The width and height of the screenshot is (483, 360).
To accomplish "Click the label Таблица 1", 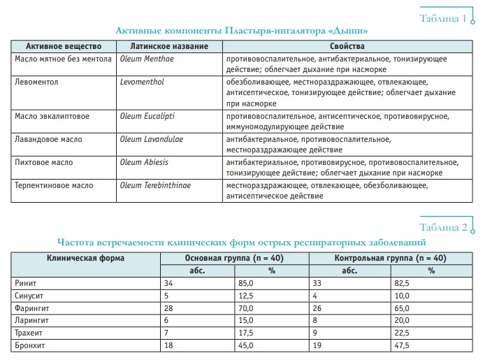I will [x=442, y=17].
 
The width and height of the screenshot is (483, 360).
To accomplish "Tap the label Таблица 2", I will [x=442, y=228].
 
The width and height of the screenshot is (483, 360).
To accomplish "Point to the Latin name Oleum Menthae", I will [x=146, y=59].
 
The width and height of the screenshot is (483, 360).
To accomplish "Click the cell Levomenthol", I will [x=143, y=82].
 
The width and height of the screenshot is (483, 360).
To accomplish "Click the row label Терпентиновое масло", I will [x=54, y=186].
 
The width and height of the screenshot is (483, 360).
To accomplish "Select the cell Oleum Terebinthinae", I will [x=154, y=186].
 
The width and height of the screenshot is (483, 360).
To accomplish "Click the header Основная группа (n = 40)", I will [x=233, y=258].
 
